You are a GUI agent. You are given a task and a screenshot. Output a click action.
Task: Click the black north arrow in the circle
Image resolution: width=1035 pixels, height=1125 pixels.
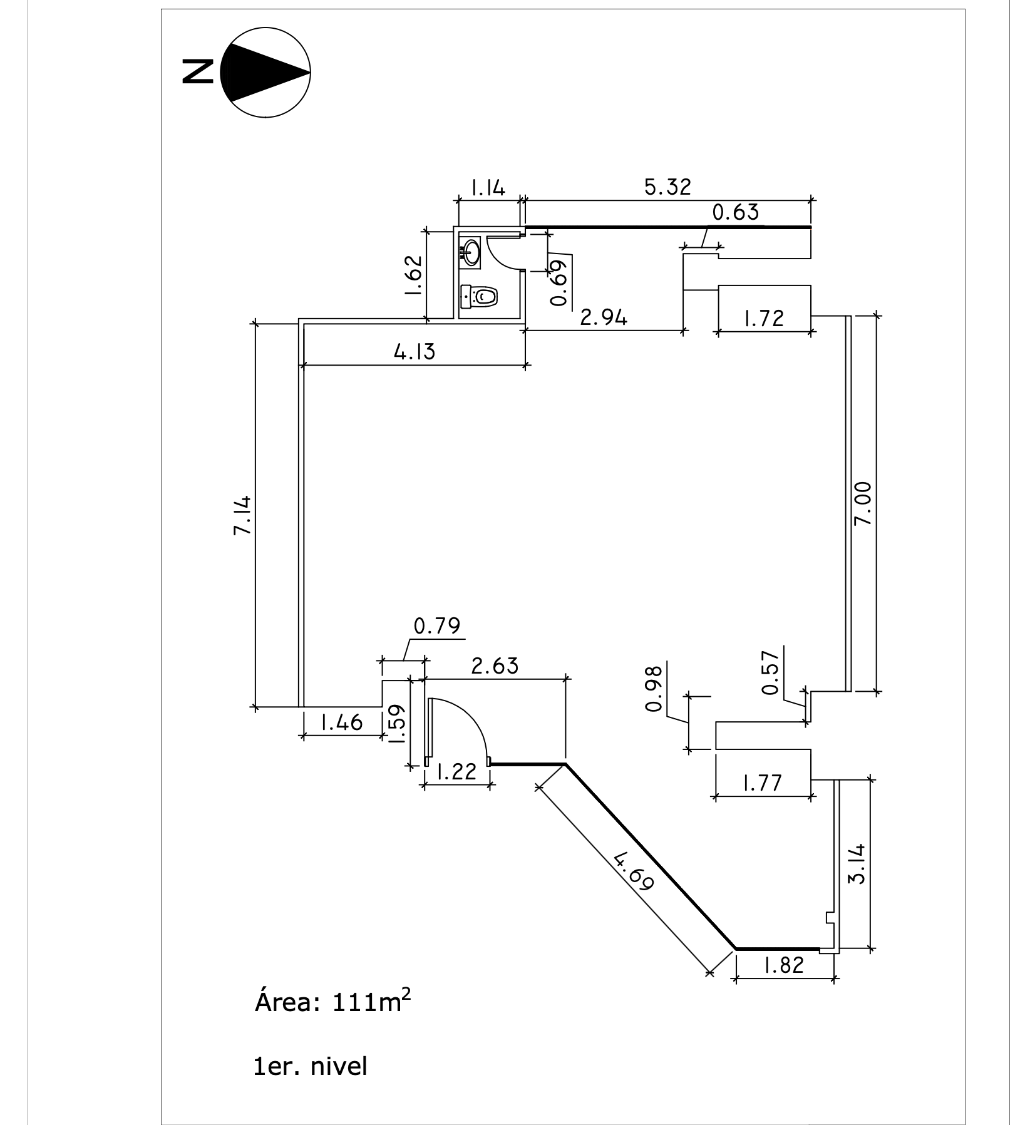(263, 73)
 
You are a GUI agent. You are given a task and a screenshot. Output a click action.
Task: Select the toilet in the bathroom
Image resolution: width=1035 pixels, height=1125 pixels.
(480, 296)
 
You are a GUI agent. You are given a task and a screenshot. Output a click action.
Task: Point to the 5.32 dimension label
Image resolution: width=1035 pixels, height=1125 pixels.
(668, 187)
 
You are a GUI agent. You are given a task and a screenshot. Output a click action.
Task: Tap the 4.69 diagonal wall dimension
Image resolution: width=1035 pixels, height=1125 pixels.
(633, 871)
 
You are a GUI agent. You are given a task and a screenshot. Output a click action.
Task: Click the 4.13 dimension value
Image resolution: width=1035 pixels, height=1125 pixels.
(414, 352)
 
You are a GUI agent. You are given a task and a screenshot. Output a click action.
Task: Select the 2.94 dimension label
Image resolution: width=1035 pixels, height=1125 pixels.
(604, 318)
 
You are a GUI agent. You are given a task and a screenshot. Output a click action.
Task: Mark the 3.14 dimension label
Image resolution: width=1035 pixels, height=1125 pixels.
(856, 863)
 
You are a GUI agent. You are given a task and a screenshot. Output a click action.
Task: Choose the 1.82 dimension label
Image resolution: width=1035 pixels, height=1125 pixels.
(783, 965)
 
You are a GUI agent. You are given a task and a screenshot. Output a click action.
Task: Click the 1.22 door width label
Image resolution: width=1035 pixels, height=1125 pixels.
(455, 772)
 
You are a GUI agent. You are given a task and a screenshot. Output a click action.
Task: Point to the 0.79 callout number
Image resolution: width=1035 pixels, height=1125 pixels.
(437, 625)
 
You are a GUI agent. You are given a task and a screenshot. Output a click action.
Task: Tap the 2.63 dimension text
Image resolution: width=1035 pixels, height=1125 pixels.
(495, 665)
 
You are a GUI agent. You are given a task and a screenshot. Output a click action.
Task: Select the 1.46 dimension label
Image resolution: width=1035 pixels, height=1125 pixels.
(341, 722)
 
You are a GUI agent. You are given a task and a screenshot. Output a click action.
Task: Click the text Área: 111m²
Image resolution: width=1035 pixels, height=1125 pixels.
(333, 1020)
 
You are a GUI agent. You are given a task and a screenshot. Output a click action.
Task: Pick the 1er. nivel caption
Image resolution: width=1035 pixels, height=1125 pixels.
(310, 1066)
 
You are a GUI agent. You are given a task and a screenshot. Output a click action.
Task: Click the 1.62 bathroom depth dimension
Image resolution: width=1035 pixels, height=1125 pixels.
(413, 275)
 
